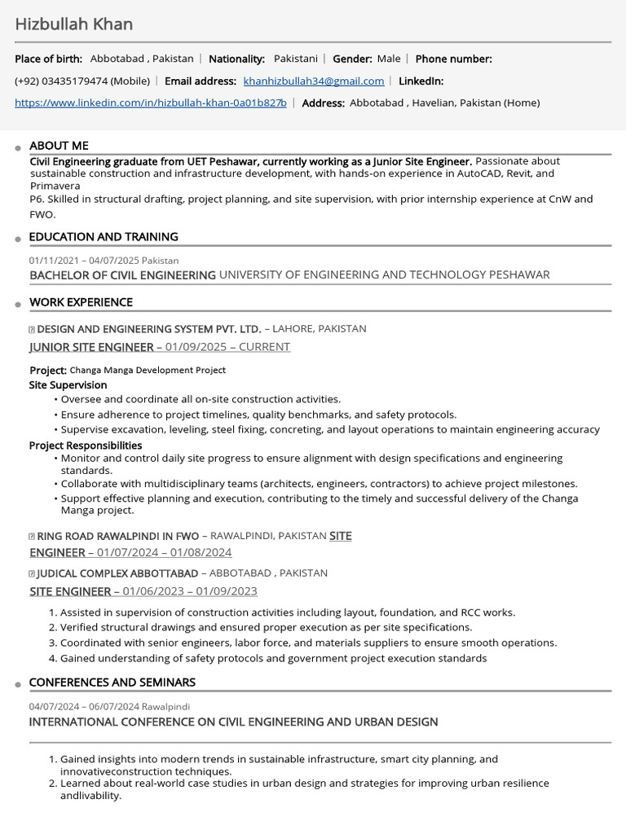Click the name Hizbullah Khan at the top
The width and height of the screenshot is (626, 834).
73,24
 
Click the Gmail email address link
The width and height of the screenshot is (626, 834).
314,81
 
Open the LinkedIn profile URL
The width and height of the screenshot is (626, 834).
151,103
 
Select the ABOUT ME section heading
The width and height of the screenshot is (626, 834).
59,146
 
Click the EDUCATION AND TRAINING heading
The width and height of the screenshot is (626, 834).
104,237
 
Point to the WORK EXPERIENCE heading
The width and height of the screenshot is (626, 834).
81,302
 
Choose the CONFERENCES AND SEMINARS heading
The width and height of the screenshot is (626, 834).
112,683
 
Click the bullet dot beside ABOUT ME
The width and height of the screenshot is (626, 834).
18,148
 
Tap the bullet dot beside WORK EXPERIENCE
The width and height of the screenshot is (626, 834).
18,305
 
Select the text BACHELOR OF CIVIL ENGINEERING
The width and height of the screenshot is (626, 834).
122,275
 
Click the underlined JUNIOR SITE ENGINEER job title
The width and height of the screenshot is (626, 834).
91,347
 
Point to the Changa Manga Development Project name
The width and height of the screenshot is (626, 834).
148,370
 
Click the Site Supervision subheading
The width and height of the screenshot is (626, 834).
68,385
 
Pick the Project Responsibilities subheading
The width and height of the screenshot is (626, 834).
86,446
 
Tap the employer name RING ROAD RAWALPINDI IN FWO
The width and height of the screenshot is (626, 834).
118,537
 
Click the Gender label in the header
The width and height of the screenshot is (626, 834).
352,59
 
